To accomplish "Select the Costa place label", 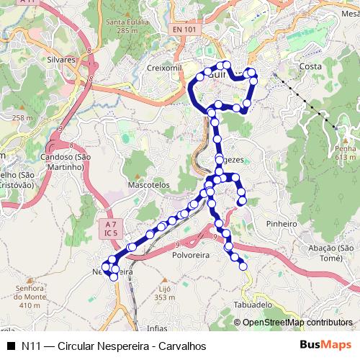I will pyautogui.click(x=310, y=66).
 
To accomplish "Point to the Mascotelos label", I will pyautogui.click(x=148, y=185).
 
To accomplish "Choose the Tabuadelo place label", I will pyautogui.click(x=253, y=305).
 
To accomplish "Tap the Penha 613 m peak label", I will pyautogui.click(x=345, y=153).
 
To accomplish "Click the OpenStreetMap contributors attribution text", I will pyautogui.click(x=297, y=323).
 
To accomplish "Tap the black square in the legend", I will pyautogui.click(x=11, y=346).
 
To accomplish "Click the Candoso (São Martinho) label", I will pyautogui.click(x=64, y=161).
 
